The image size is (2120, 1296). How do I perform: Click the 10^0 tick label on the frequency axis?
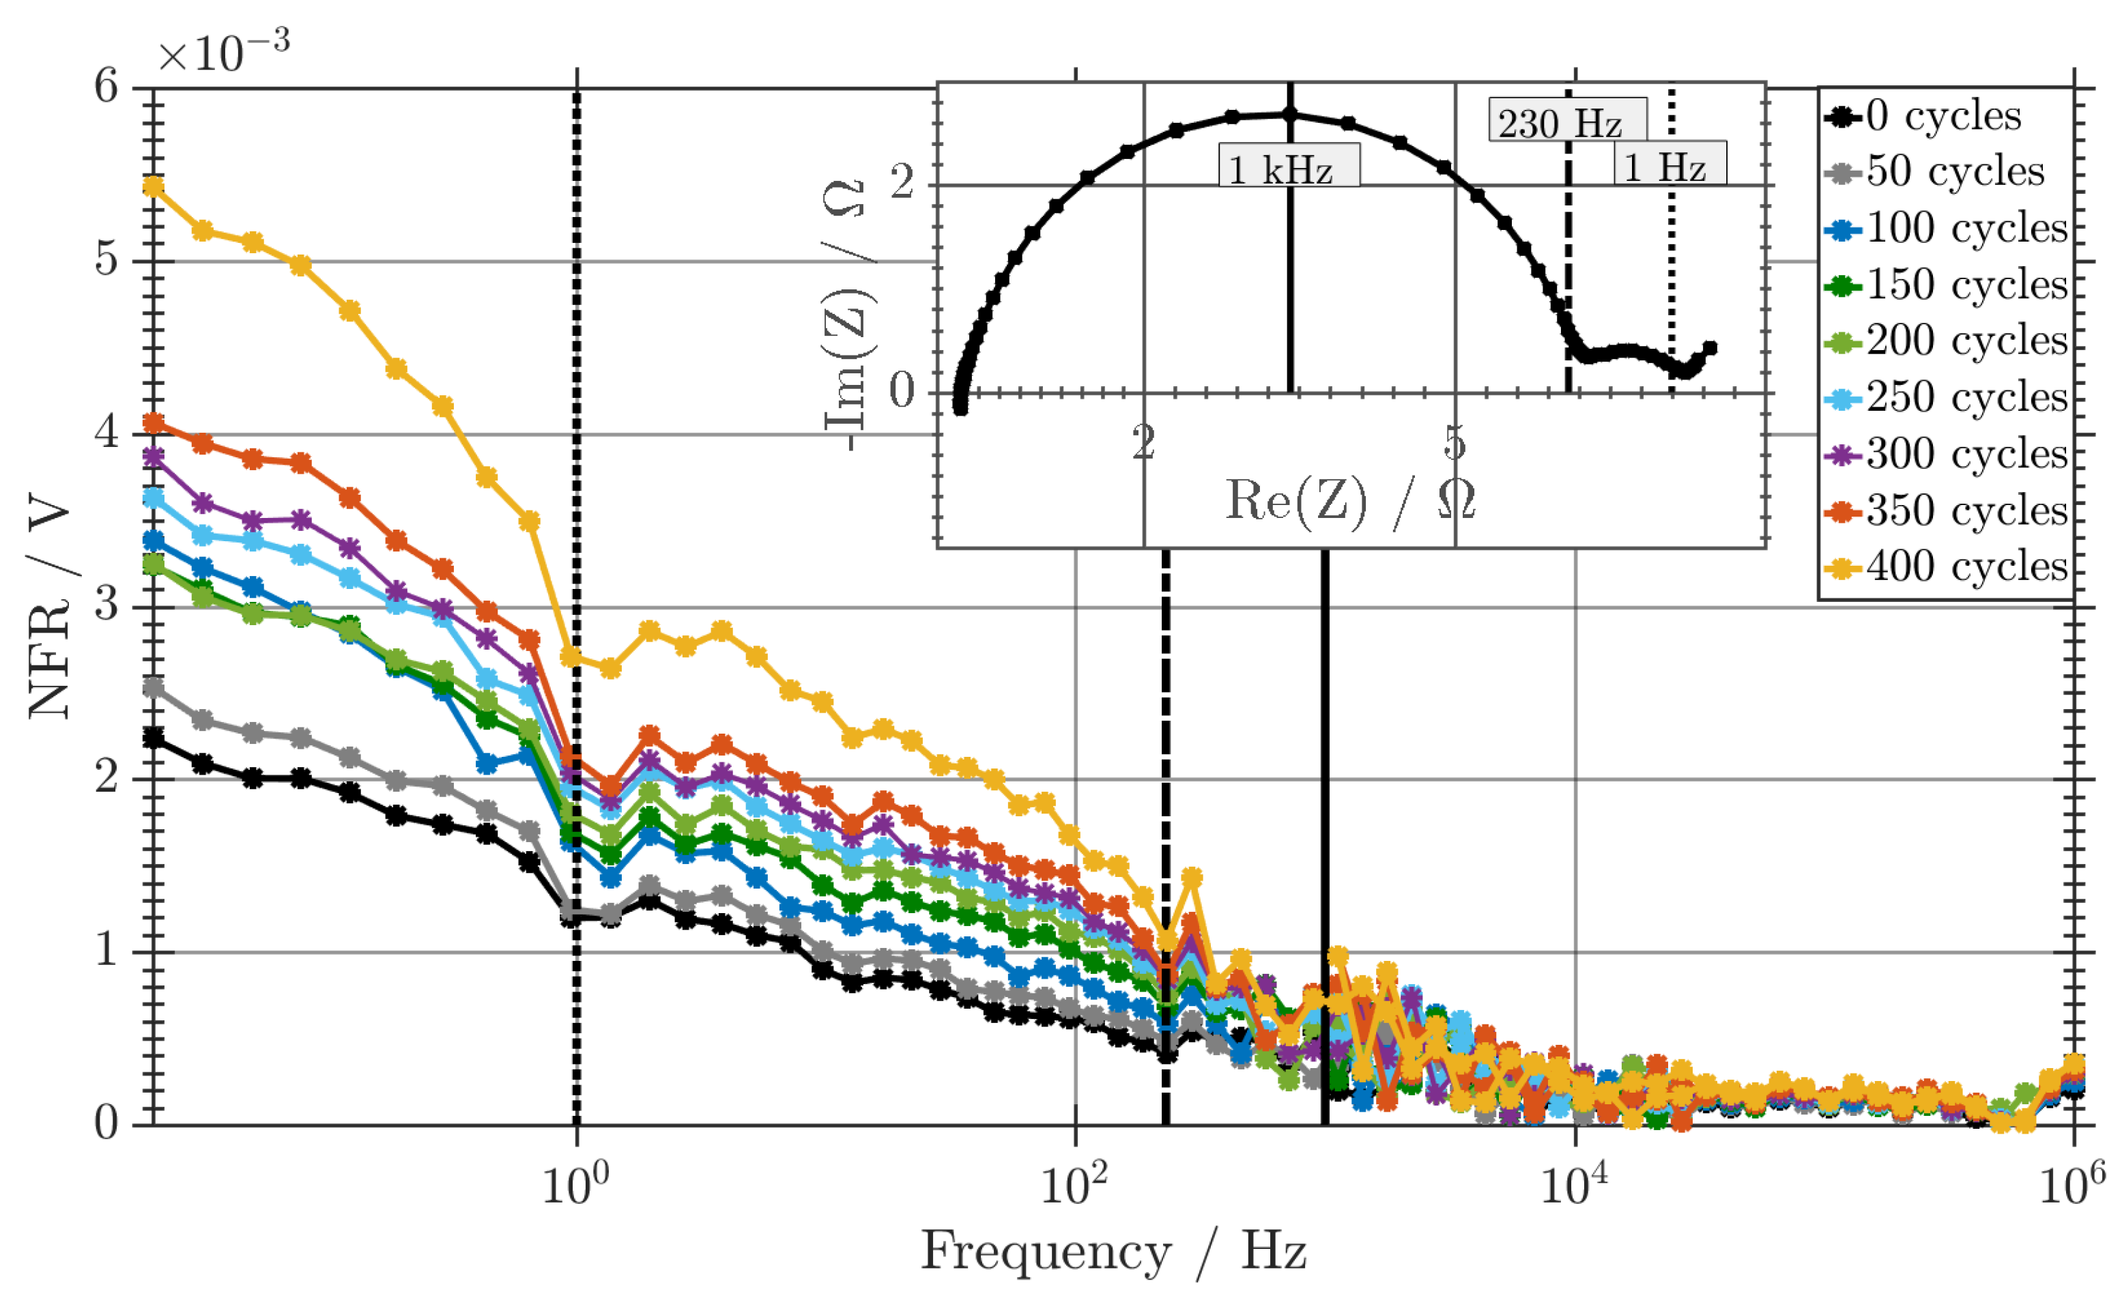[575, 1184]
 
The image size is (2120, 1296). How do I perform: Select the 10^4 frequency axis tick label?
[1574, 1184]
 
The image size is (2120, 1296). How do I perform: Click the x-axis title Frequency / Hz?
[1113, 1252]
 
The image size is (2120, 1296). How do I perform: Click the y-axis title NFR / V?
[50, 606]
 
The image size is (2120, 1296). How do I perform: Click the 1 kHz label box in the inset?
[1288, 166]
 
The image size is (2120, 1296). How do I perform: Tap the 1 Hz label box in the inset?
[1669, 164]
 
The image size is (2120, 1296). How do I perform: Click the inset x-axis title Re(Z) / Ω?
[1350, 502]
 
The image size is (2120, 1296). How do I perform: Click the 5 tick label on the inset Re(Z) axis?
[1454, 443]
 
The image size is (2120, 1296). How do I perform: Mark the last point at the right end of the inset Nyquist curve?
[1710, 347]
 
